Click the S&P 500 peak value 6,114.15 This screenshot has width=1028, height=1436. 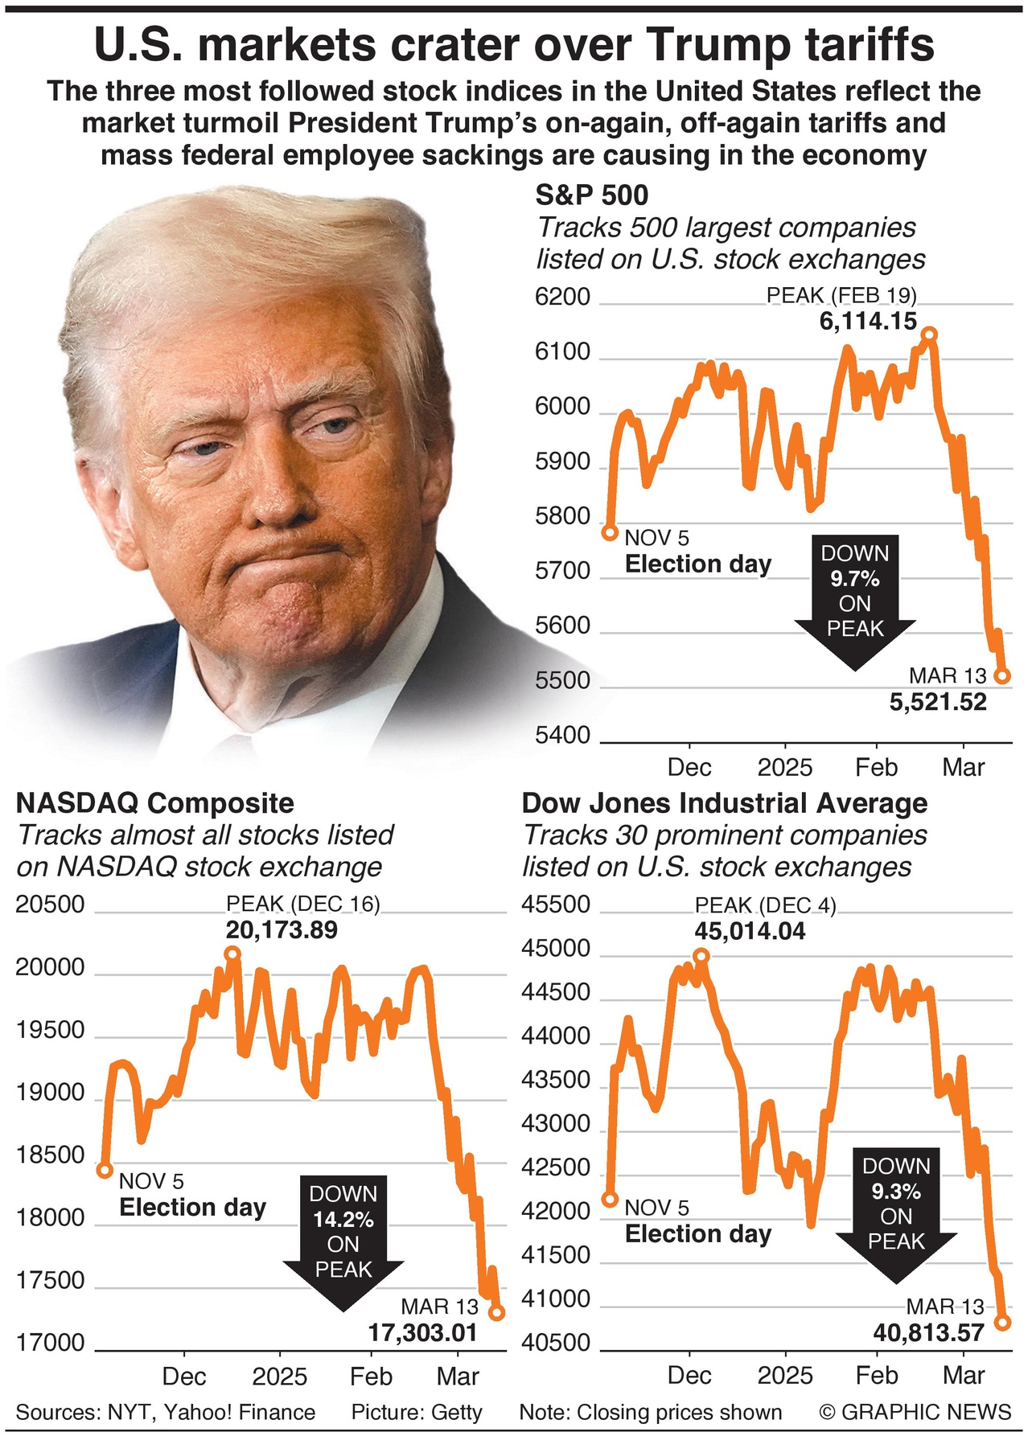(x=868, y=322)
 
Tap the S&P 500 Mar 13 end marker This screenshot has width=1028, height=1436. (x=1002, y=676)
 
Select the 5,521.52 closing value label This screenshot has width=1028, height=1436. (x=938, y=702)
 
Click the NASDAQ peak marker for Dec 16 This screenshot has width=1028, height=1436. (x=232, y=954)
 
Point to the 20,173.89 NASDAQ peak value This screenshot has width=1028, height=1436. (x=282, y=930)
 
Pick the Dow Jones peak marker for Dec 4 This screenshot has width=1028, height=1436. (x=701, y=955)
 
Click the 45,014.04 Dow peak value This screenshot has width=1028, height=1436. (x=750, y=931)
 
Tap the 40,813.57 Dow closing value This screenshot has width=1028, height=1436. (x=928, y=1333)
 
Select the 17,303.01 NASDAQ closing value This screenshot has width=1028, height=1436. (x=423, y=1333)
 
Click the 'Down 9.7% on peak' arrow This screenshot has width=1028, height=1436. (x=854, y=599)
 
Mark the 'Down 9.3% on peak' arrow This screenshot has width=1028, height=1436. (x=896, y=1211)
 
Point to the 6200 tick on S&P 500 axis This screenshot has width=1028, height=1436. (x=563, y=297)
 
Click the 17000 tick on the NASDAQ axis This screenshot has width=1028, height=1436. (x=50, y=1343)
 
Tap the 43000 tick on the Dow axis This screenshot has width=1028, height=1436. (x=556, y=1123)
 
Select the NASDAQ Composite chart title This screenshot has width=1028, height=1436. (x=155, y=802)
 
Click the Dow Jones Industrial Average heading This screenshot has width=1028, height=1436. (x=724, y=802)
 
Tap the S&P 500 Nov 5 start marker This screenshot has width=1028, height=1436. (x=610, y=532)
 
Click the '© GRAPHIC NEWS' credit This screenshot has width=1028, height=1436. (x=915, y=1412)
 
